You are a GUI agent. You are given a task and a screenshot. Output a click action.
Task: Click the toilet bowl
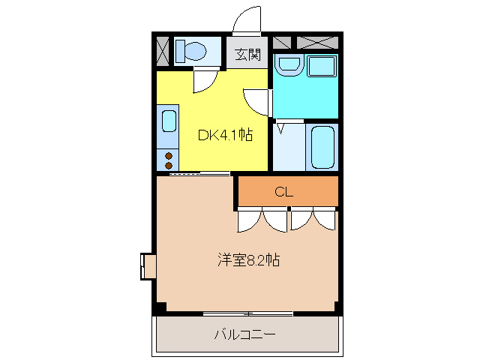(193, 52)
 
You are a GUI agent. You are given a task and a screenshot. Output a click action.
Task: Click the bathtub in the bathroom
(322, 147)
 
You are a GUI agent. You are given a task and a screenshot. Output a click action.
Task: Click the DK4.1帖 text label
(224, 136)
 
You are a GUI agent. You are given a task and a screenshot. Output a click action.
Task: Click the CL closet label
(283, 192)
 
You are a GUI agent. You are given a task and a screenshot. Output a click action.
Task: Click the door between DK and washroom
(259, 100)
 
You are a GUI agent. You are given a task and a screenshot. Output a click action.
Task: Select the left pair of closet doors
(262, 220)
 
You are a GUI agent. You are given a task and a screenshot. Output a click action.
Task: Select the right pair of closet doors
(313, 220)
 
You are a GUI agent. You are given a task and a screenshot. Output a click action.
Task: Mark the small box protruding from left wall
(148, 266)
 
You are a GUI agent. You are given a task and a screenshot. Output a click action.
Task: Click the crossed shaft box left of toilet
(162, 51)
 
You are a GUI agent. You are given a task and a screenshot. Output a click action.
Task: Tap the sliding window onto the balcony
(247, 313)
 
